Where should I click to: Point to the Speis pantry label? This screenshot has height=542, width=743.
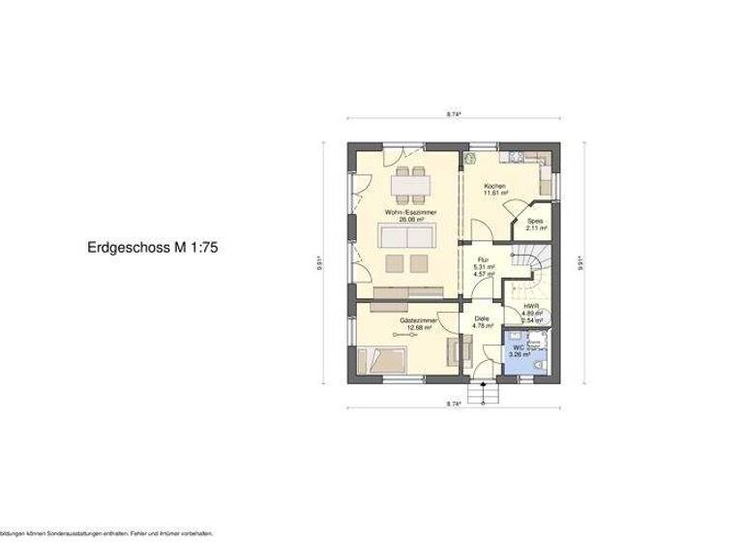point(535,221)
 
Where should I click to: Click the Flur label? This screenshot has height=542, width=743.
point(480,258)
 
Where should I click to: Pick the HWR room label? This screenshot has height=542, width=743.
point(530,305)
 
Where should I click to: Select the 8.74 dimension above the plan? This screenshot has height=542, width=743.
point(453,114)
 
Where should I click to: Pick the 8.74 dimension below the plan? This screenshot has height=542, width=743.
point(453,402)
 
